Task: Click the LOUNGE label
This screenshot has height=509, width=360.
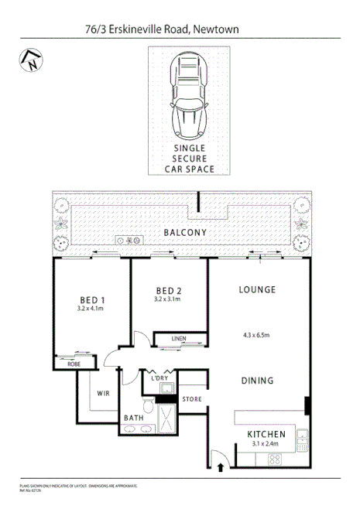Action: [258, 289]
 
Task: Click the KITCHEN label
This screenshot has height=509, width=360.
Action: [267, 434]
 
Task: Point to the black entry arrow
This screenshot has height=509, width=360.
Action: [223, 467]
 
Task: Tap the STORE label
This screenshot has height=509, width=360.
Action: [192, 399]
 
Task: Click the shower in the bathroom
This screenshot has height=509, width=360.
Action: [165, 418]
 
